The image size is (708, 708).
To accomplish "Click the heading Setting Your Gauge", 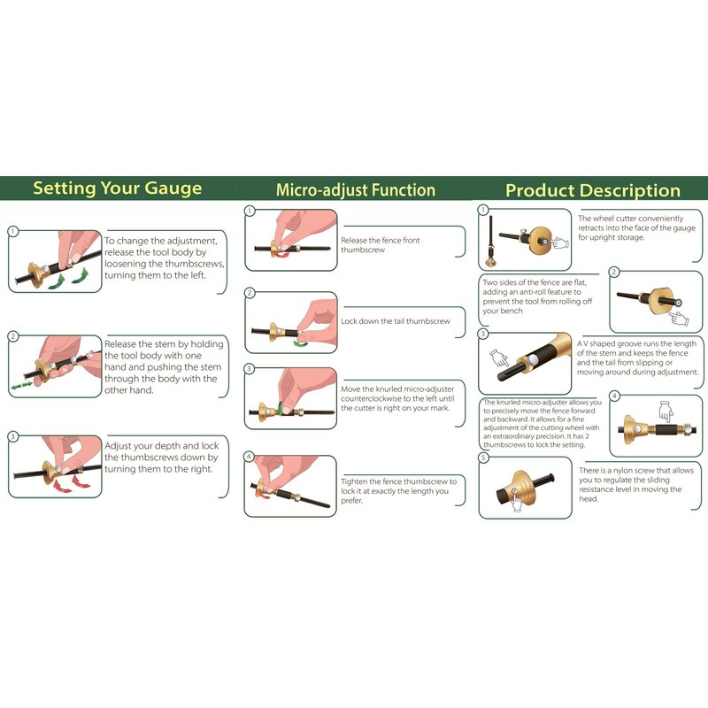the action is (x=118, y=189).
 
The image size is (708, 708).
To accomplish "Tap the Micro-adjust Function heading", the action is (x=356, y=190).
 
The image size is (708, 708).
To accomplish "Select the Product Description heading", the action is (x=593, y=190).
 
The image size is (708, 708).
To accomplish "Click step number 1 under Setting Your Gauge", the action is (x=13, y=232).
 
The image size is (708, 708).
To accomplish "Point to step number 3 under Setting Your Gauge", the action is (x=13, y=436).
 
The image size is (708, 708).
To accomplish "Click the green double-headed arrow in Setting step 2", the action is (x=21, y=385).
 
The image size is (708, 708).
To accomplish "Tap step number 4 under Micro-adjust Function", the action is (x=249, y=457).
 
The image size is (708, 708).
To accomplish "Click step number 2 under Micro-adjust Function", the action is (x=250, y=293).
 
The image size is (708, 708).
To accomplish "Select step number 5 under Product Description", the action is (x=483, y=458).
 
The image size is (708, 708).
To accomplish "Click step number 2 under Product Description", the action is (x=613, y=272).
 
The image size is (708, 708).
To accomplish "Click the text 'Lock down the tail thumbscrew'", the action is (x=396, y=321).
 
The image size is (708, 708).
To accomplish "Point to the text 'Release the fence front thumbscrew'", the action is (x=381, y=245).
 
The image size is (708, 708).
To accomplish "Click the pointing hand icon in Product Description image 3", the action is (x=499, y=358).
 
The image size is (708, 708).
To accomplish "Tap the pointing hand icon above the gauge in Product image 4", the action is (x=666, y=411).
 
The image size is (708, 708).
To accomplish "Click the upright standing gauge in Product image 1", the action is (x=490, y=241).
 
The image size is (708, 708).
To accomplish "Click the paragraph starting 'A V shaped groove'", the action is (x=637, y=358).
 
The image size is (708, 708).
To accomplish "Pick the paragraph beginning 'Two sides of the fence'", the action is (x=537, y=296).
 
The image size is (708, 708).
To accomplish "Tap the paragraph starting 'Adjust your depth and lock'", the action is (x=162, y=458).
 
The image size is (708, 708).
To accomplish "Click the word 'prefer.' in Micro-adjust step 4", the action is (x=351, y=501).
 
